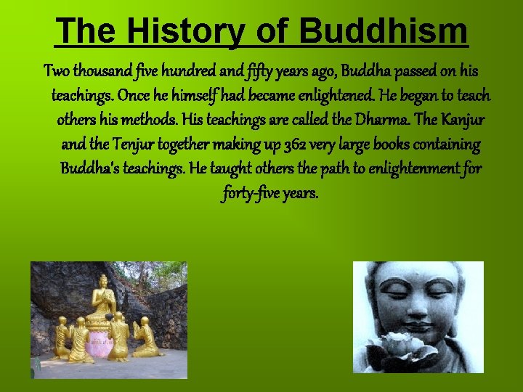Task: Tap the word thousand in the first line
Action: coord(97,72)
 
